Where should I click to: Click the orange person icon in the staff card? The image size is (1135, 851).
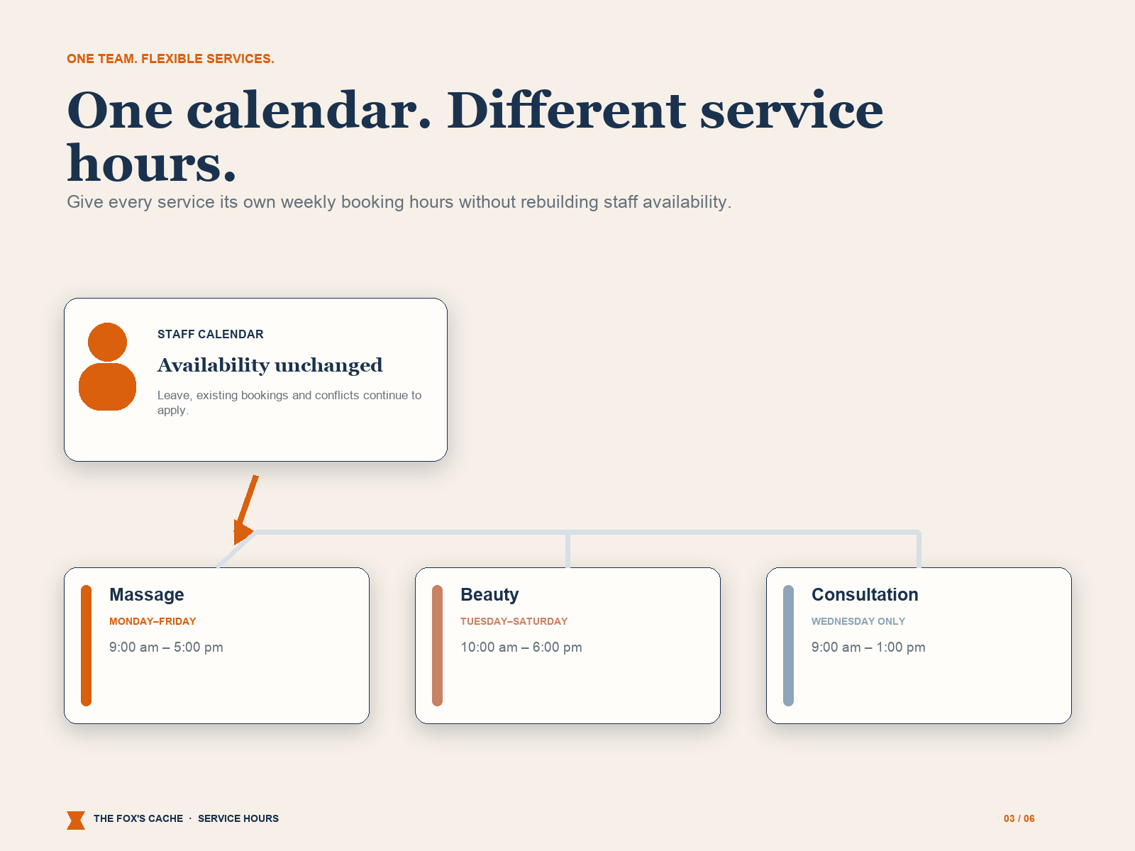click(107, 367)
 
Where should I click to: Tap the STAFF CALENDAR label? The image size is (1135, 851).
click(211, 334)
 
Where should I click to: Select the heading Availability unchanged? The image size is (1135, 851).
click(270, 365)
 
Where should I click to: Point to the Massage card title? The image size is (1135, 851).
click(147, 595)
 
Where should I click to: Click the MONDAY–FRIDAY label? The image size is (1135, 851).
click(153, 621)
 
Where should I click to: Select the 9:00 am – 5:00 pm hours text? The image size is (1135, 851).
click(166, 647)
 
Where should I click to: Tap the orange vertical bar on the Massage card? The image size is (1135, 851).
click(87, 645)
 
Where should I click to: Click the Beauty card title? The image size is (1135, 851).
click(489, 595)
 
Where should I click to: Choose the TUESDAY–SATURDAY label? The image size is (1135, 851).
click(514, 621)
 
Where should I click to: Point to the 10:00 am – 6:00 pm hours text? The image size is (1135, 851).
click(521, 647)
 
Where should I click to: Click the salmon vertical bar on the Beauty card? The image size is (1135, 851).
click(438, 645)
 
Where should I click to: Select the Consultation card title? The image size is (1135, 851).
click(865, 595)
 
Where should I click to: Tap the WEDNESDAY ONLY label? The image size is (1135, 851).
click(858, 621)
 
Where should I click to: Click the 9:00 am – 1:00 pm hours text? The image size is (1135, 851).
click(868, 647)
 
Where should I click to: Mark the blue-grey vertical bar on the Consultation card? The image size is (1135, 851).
click(789, 645)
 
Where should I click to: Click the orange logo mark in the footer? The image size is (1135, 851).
click(76, 820)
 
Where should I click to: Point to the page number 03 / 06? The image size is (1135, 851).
click(1019, 818)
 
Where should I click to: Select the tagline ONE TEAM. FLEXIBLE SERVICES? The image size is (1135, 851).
click(171, 59)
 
